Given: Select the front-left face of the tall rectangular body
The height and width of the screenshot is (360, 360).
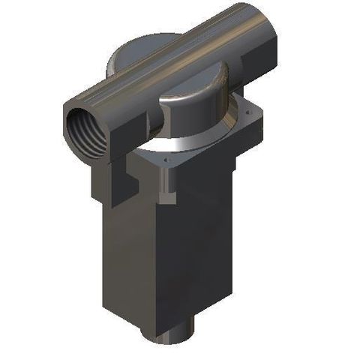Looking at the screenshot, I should click(x=127, y=247).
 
